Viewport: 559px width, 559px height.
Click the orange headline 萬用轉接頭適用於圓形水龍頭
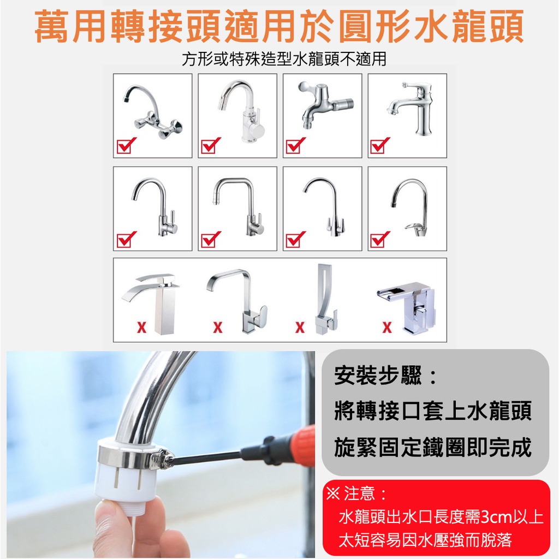click(279, 27)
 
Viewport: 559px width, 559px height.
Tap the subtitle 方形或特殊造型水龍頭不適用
click(284, 59)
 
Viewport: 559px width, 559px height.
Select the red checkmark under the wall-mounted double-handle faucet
click(127, 145)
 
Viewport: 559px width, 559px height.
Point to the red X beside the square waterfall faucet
click(141, 327)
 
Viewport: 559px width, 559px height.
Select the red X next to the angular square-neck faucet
click(217, 327)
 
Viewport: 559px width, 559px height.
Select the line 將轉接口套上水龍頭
click(432, 411)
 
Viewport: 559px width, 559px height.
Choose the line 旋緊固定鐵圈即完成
click(432, 447)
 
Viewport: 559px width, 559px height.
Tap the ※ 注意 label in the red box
click(356, 493)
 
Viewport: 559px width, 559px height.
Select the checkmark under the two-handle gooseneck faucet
click(296, 239)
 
